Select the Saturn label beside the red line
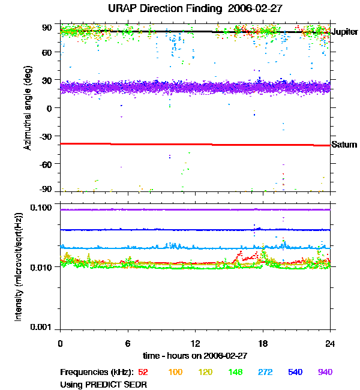coord(344,145)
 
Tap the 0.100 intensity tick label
coord(44,208)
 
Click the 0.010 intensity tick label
coord(44,267)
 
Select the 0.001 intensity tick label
coord(44,327)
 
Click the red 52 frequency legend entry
coord(143,372)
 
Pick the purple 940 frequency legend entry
coord(325,372)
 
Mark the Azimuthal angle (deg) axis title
coord(28,108)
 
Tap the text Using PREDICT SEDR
coord(103,384)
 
